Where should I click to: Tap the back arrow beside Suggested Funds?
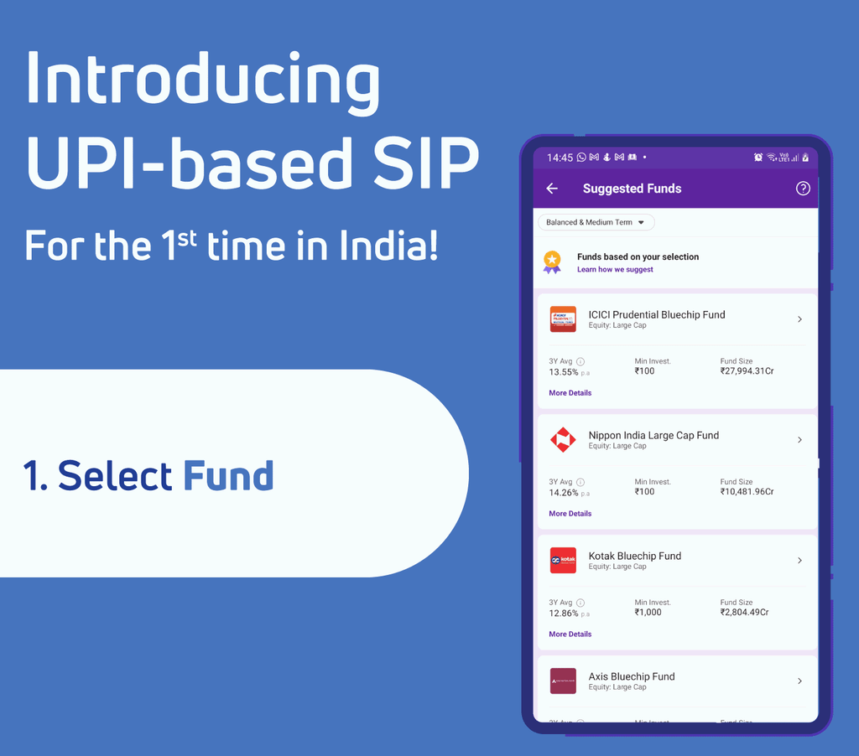pyautogui.click(x=551, y=189)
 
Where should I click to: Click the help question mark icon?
pyautogui.click(x=803, y=189)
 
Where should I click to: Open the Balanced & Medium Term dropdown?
pyautogui.click(x=596, y=222)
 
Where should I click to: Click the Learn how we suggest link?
pyautogui.click(x=615, y=270)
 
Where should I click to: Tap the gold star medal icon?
pyautogui.click(x=552, y=262)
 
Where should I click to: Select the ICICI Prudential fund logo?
pyautogui.click(x=563, y=319)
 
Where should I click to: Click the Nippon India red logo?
pyautogui.click(x=563, y=440)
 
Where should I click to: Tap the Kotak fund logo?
pyautogui.click(x=563, y=561)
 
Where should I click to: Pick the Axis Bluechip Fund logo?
pyautogui.click(x=563, y=681)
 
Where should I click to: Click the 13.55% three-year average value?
pyautogui.click(x=564, y=371)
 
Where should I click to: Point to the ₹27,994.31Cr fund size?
pyautogui.click(x=747, y=371)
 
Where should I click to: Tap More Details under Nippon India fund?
pyautogui.click(x=570, y=514)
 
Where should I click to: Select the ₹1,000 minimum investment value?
pyautogui.click(x=648, y=613)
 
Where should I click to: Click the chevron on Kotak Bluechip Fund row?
pyautogui.click(x=800, y=561)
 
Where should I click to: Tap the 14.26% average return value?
pyautogui.click(x=564, y=492)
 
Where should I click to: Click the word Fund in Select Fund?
pyautogui.click(x=228, y=476)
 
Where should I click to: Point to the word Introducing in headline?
pyautogui.click(x=204, y=80)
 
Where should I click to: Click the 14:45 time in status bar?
pyautogui.click(x=560, y=158)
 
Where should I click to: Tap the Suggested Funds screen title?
pyautogui.click(x=632, y=189)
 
